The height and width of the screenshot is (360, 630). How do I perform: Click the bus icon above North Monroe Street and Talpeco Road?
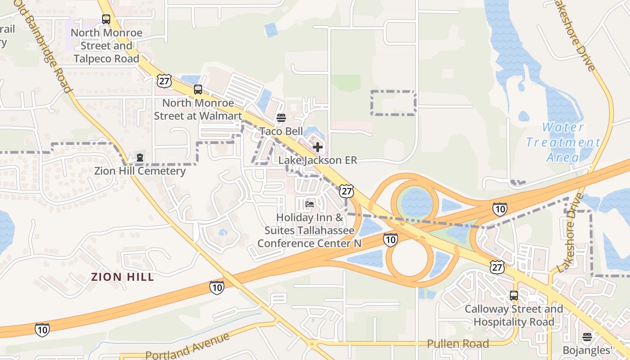106,19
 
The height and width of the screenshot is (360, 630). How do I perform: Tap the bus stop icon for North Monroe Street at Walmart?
198,90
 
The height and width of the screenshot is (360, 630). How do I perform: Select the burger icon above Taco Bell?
281,118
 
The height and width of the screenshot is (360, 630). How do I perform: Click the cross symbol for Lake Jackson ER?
318,147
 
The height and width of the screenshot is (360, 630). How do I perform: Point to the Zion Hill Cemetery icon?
140,157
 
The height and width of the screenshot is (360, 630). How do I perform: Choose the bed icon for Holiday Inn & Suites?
310,204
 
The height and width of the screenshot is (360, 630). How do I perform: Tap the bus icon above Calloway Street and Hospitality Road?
514,296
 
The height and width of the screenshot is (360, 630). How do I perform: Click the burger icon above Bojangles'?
587,337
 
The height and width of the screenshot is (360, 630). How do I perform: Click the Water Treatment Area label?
562,142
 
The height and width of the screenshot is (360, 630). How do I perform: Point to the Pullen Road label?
458,344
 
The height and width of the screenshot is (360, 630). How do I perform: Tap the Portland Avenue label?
187,347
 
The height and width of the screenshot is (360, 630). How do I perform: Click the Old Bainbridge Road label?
43,45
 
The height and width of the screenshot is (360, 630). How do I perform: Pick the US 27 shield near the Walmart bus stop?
164,81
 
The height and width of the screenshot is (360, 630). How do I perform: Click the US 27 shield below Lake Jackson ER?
346,190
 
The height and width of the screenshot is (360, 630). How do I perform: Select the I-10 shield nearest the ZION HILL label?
216,287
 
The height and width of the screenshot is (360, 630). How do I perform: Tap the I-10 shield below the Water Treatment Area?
499,209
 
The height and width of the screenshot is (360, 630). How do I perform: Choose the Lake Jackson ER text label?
318,160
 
